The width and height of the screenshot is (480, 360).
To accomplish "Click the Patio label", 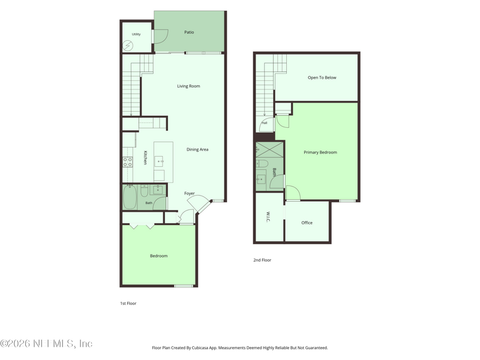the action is click(x=189, y=32).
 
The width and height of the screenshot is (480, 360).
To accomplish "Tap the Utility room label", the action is click(x=136, y=34).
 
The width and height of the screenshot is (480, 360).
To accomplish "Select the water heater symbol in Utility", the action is click(x=128, y=46).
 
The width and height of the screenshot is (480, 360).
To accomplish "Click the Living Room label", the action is click(x=188, y=86).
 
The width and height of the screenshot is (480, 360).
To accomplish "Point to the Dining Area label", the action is click(x=197, y=149).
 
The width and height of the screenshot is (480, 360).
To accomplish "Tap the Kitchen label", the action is click(x=145, y=158).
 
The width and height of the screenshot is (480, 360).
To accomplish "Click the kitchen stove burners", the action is click(x=128, y=162).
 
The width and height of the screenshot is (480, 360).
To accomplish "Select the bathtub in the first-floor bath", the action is click(x=130, y=197).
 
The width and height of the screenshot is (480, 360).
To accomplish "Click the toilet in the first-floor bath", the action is click(x=145, y=190).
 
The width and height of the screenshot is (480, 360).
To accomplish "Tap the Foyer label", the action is click(x=190, y=193).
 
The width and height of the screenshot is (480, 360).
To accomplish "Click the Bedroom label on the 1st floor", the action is click(x=159, y=256).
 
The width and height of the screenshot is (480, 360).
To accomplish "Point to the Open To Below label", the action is click(x=322, y=78).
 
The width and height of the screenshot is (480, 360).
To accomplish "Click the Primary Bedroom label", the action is click(x=320, y=152).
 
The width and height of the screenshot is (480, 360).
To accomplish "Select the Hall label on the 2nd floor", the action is click(x=265, y=123).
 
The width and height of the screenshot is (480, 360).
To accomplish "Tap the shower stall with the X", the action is click(x=269, y=149).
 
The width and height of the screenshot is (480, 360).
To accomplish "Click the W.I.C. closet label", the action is click(x=268, y=217).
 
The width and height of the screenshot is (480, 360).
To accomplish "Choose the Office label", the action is click(x=307, y=223).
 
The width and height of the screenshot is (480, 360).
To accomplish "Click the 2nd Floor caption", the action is click(x=262, y=260).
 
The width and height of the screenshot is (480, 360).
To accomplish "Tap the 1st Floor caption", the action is click(x=128, y=304).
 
